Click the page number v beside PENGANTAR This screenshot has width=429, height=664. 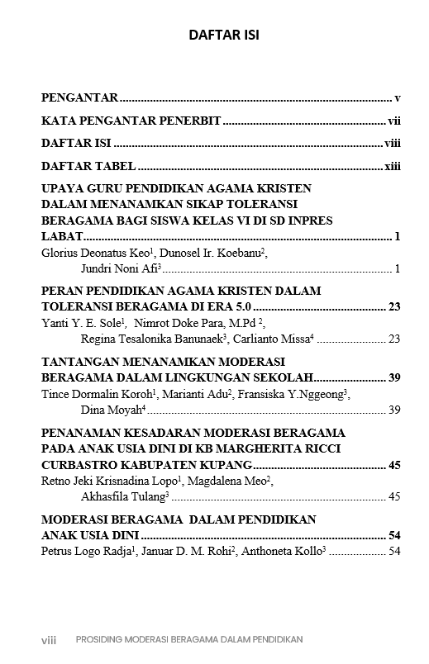tap(398, 97)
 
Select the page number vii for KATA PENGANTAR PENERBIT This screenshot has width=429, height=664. tap(394, 121)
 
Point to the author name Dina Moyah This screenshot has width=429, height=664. tap(112, 410)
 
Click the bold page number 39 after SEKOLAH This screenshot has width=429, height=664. tap(393, 378)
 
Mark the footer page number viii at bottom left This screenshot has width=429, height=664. tap(49, 639)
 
